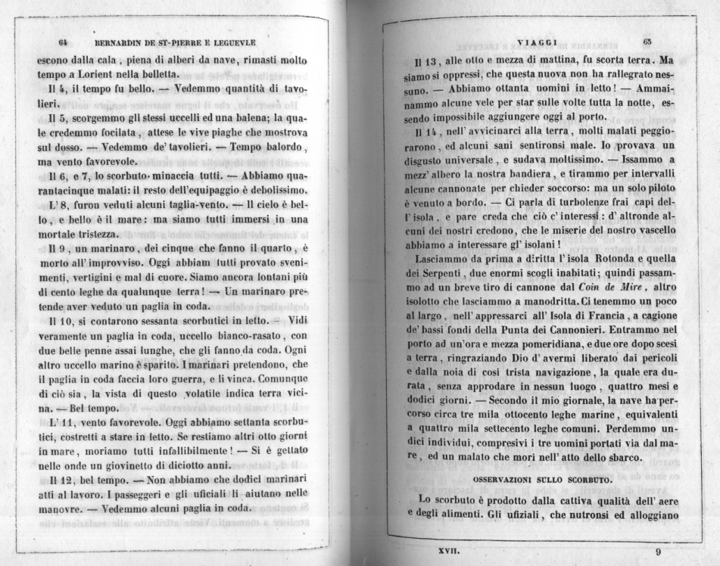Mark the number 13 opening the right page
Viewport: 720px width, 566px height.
420,61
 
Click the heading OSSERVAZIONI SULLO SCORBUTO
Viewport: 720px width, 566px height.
542,480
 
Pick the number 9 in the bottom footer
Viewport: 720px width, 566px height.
658,552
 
